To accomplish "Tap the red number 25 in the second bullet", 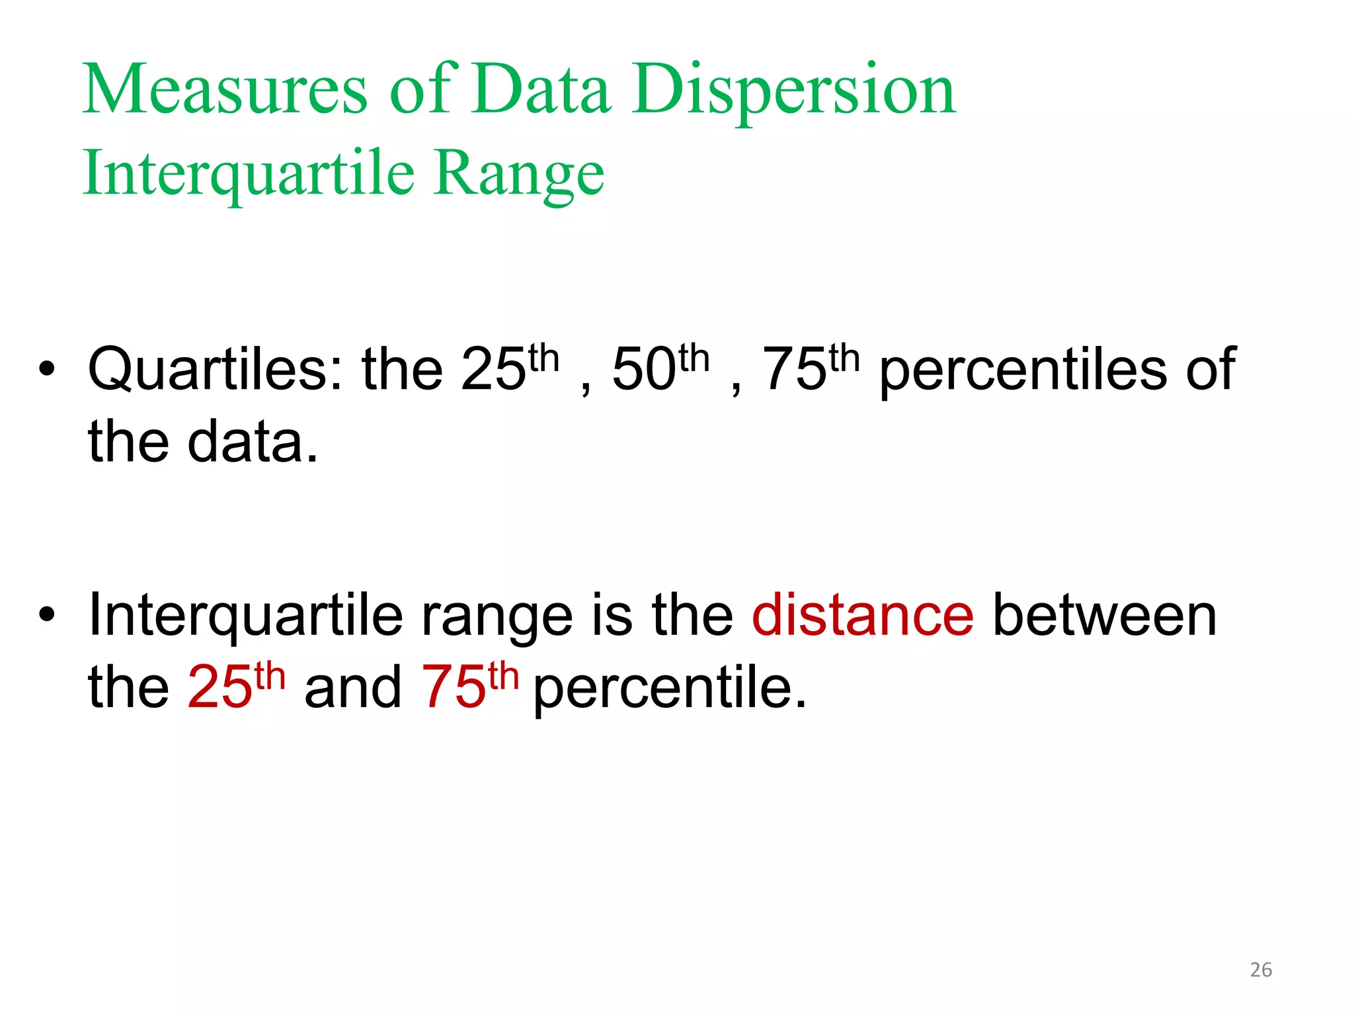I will click(220, 688).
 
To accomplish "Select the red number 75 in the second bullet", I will click(454, 688).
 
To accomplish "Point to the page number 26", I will click(1261, 970).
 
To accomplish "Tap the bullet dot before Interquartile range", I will click(46, 615).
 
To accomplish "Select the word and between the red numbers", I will click(353, 688).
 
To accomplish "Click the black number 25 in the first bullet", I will click(493, 370).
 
